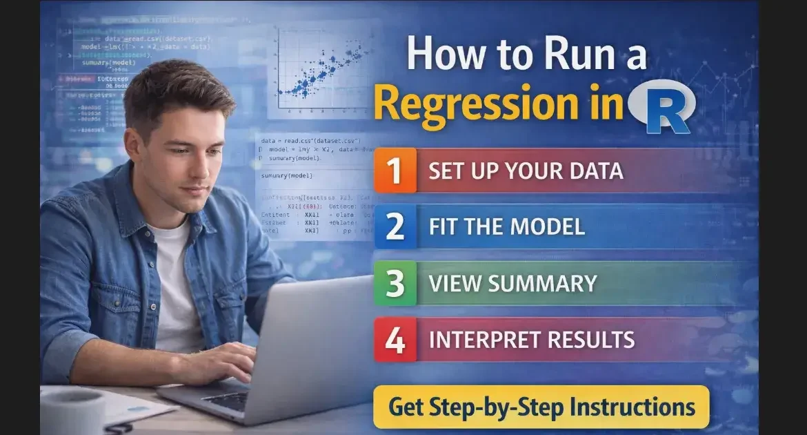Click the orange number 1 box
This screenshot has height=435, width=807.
click(395, 170)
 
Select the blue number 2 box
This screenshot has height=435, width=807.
click(395, 226)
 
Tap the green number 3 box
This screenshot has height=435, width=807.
click(395, 283)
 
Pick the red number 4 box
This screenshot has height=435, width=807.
click(395, 340)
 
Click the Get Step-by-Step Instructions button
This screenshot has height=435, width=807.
click(541, 407)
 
